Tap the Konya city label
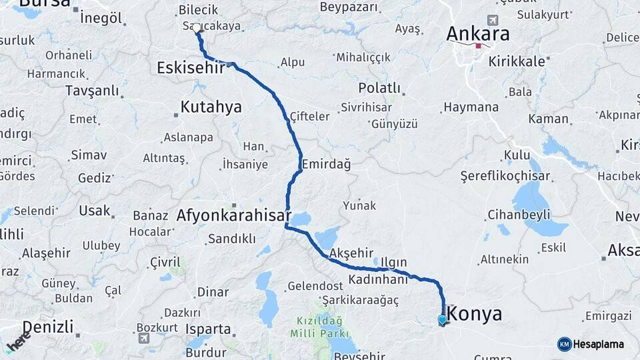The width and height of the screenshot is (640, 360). pos(475,314)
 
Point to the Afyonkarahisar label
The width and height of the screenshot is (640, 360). pos(233,215)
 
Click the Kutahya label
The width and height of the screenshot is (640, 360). pos(211,107)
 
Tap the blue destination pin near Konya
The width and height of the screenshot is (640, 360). pos(442,320)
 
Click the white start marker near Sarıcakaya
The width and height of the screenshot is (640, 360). pos(197,28)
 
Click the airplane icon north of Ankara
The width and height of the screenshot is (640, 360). pos(493,20)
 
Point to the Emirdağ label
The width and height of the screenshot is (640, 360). pos(326,163)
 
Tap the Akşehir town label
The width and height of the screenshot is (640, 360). pos(351,253)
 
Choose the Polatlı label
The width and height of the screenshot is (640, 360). pos(379,88)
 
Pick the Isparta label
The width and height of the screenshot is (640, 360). pos(208,329)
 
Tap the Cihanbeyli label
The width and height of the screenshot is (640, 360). pos(519,215)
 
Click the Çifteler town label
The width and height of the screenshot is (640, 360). pos(309,117)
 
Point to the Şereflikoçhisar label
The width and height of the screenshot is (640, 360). pos(505,176)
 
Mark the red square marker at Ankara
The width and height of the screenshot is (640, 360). pos(478,46)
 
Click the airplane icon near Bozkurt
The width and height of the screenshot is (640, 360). pos(143,338)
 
